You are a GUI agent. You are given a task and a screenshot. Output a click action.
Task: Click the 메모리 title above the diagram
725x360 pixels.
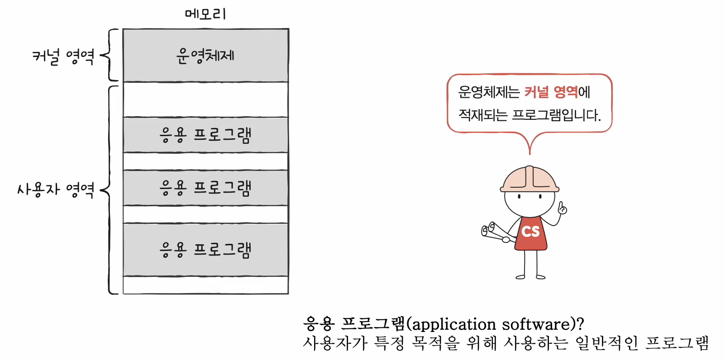[x=205, y=14]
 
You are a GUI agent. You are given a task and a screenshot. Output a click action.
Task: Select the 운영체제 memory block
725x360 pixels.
[x=205, y=56]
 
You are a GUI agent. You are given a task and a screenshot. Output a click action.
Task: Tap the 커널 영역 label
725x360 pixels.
[x=63, y=57]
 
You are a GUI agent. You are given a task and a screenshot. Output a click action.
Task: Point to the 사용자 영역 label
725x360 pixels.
[x=56, y=189]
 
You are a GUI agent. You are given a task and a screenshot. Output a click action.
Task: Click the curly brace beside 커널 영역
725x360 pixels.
[x=110, y=55]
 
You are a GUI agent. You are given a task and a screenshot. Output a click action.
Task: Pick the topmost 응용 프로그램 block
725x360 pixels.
[x=205, y=135]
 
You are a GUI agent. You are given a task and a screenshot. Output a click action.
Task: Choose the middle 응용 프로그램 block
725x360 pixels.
[x=205, y=188]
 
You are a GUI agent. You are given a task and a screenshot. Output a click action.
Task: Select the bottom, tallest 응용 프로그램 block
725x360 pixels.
[x=205, y=249]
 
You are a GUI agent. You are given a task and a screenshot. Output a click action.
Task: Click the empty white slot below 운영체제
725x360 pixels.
[x=205, y=99]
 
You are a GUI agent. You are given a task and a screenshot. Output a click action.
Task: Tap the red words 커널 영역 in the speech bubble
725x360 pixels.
[x=551, y=92]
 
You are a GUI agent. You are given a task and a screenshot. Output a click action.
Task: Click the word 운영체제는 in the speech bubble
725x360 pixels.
[x=489, y=92]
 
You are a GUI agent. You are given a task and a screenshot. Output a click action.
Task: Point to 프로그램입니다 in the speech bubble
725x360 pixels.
[x=556, y=115]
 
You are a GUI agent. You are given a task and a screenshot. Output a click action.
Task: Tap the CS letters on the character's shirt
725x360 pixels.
[x=530, y=232]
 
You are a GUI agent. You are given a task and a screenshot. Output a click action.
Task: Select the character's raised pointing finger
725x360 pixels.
[x=562, y=207]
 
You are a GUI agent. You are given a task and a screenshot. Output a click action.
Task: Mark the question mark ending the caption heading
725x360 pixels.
[x=581, y=324]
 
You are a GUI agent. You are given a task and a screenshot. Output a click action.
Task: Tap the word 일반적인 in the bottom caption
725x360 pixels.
[x=606, y=343]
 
